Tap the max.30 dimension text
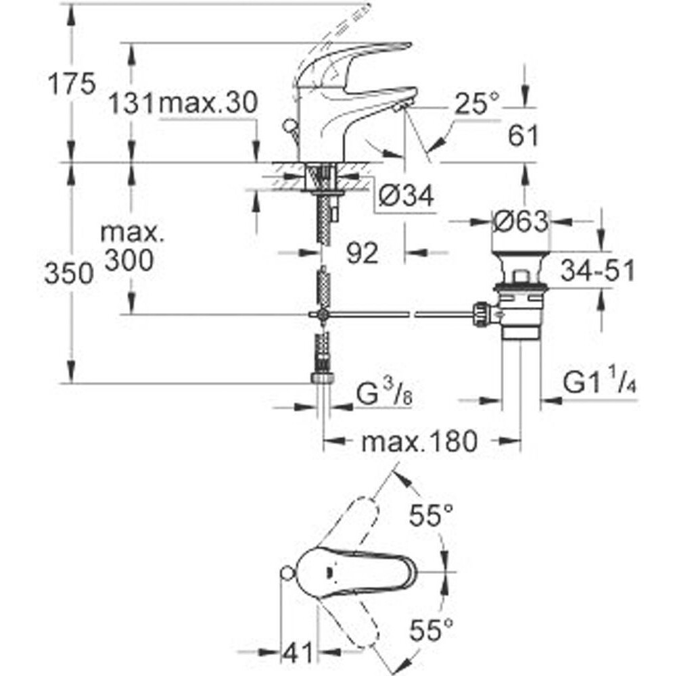coord(208,104)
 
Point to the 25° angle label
coord(475,104)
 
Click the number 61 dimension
coord(523,137)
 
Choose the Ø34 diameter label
coord(406,196)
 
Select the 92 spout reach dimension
coord(361,254)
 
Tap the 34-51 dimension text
coord(597,272)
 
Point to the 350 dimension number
coord(68,274)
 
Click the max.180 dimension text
coord(419,442)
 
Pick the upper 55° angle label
coord(431,517)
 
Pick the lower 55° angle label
coord(431,632)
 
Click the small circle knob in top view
coord(287,574)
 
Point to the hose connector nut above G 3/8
coord(322,377)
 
